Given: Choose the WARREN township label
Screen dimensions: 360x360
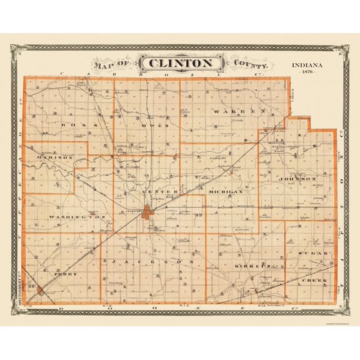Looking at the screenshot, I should click(240, 111).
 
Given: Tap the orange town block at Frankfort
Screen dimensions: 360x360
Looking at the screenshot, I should click(148, 212).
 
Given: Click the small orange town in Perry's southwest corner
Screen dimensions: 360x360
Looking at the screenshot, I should click(41, 291).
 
